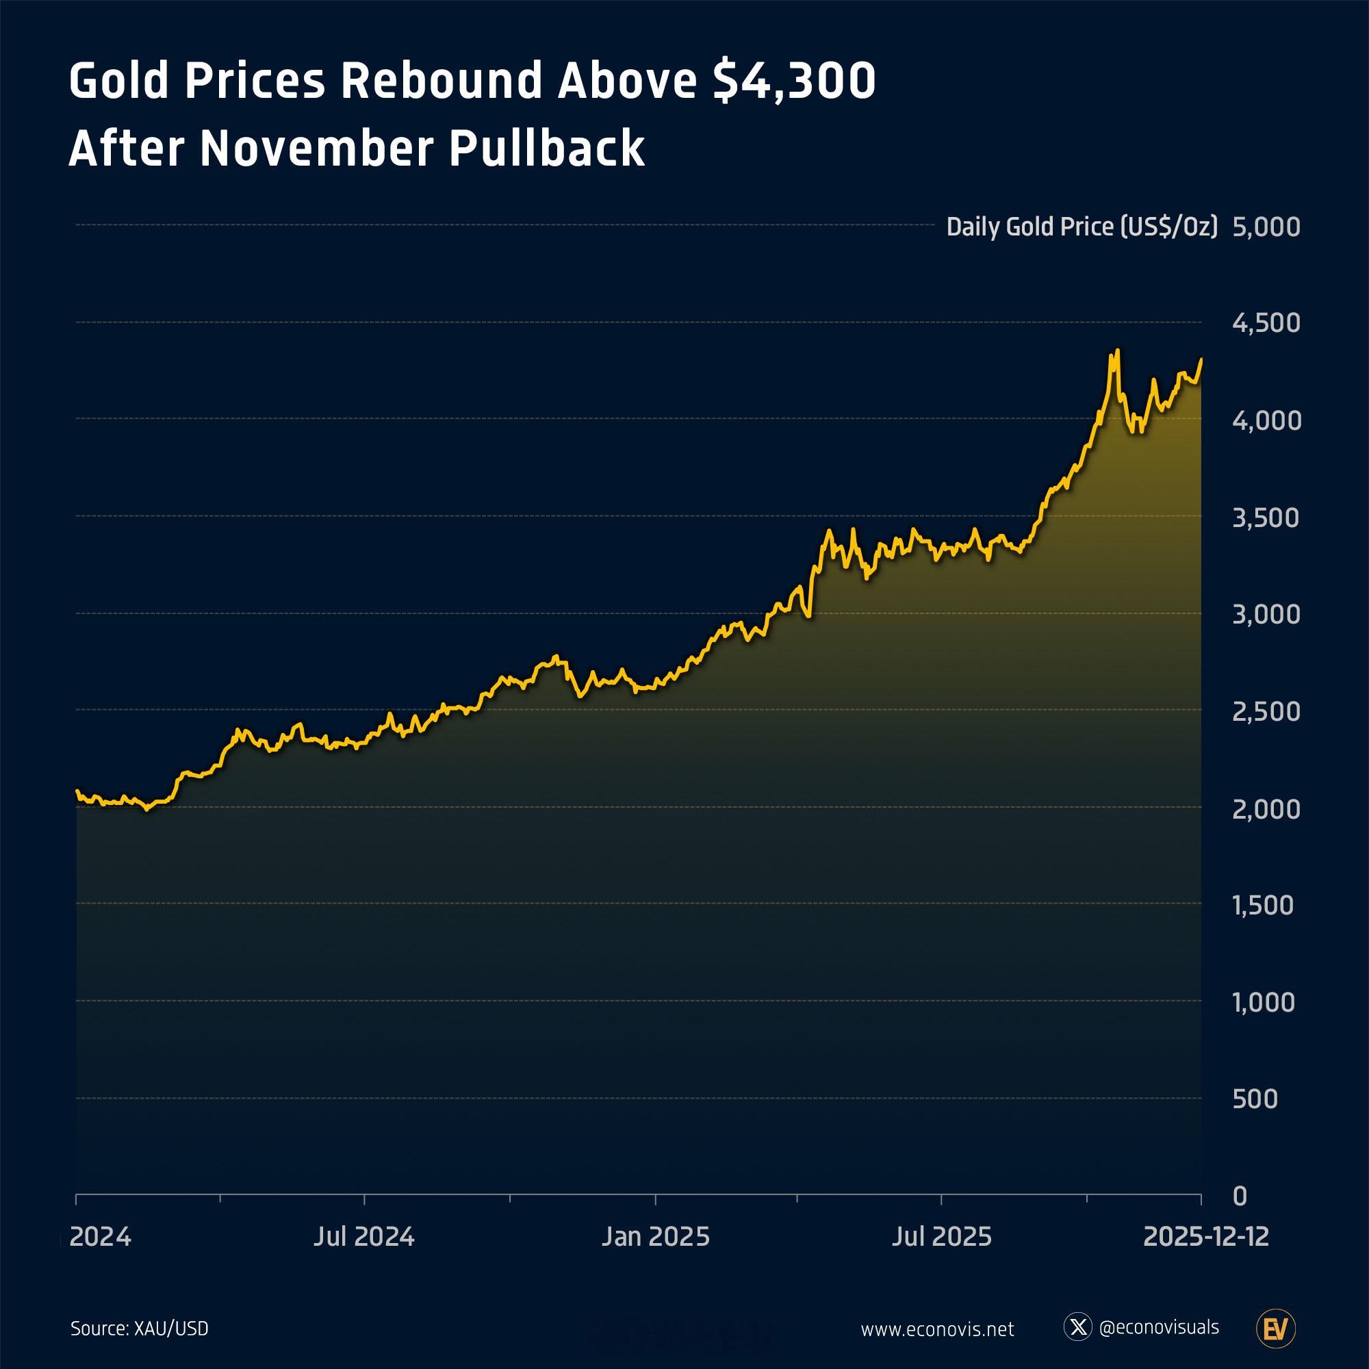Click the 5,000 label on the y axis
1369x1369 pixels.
click(1266, 227)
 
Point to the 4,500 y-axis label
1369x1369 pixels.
click(1266, 323)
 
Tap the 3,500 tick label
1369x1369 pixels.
click(1266, 518)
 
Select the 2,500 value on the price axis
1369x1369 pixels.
click(1266, 711)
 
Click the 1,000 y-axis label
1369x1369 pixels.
click(1264, 1003)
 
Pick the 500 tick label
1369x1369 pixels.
click(1255, 1099)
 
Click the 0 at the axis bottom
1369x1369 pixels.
click(1240, 1196)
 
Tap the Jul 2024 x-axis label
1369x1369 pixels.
click(364, 1236)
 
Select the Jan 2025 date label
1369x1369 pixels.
click(656, 1236)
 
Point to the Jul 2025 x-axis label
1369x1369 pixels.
click(942, 1236)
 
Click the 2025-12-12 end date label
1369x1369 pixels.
click(1206, 1236)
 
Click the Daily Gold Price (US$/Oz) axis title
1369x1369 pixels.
click(1082, 227)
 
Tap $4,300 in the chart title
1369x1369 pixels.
click(793, 81)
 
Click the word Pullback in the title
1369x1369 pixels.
click(547, 149)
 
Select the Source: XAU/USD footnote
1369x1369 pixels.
click(140, 1328)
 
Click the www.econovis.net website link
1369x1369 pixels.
click(938, 1329)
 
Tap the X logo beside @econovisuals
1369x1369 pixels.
click(1078, 1327)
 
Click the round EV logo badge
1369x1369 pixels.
click(1275, 1328)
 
